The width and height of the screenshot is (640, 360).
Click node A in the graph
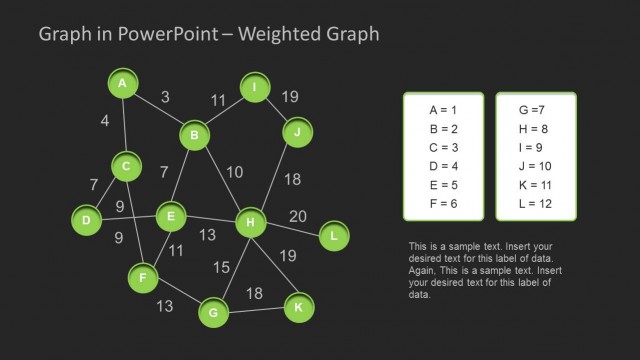point(122,84)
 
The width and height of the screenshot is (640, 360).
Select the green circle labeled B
point(195,135)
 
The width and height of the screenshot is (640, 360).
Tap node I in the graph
point(255,89)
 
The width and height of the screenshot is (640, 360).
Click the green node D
point(87,219)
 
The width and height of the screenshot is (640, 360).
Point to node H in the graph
point(249,222)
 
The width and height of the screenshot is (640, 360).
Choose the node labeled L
point(333,237)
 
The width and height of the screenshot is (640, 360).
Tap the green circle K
point(297,307)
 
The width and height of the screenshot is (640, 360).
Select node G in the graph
point(212,313)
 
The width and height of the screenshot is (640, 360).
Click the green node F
point(143,276)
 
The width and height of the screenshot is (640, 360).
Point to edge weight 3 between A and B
point(165,97)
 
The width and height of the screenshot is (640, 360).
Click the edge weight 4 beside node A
point(105,121)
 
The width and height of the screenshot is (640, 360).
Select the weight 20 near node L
point(298,216)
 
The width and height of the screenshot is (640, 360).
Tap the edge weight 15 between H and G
point(221,267)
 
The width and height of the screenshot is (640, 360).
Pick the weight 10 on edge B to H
point(234,172)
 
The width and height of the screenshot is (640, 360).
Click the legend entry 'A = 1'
point(442,110)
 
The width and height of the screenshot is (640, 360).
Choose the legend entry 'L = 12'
point(535,204)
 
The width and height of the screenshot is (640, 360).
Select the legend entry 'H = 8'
point(535,129)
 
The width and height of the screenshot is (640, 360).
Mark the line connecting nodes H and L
point(292,230)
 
